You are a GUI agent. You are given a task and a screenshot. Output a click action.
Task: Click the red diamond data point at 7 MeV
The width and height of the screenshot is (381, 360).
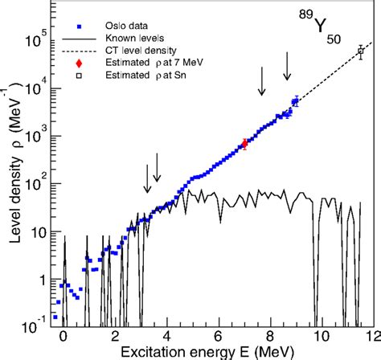pos(244,144)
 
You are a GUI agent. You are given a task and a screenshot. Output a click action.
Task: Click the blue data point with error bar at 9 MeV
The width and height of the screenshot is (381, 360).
pos(296,102)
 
